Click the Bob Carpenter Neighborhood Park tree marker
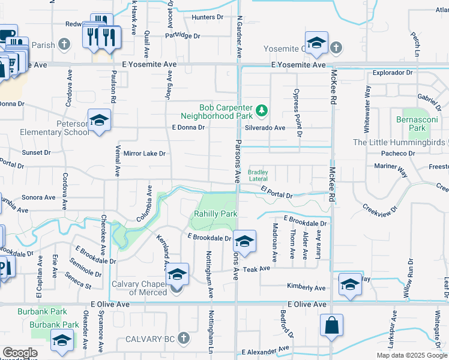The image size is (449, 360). (x=262, y=110)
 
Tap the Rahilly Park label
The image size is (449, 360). (x=215, y=214)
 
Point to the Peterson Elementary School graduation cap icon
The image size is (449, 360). (x=99, y=120)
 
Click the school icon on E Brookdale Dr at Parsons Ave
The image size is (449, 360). (x=244, y=241)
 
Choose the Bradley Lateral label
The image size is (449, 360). (x=258, y=175)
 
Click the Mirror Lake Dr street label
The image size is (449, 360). (x=144, y=154)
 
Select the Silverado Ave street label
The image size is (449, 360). (x=265, y=128)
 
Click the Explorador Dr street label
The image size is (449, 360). (x=393, y=73)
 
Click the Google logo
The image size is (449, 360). (x=20, y=353)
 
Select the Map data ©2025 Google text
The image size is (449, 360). (x=412, y=355)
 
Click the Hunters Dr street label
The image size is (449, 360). (x=207, y=17)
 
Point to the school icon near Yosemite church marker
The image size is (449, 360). (x=316, y=43)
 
